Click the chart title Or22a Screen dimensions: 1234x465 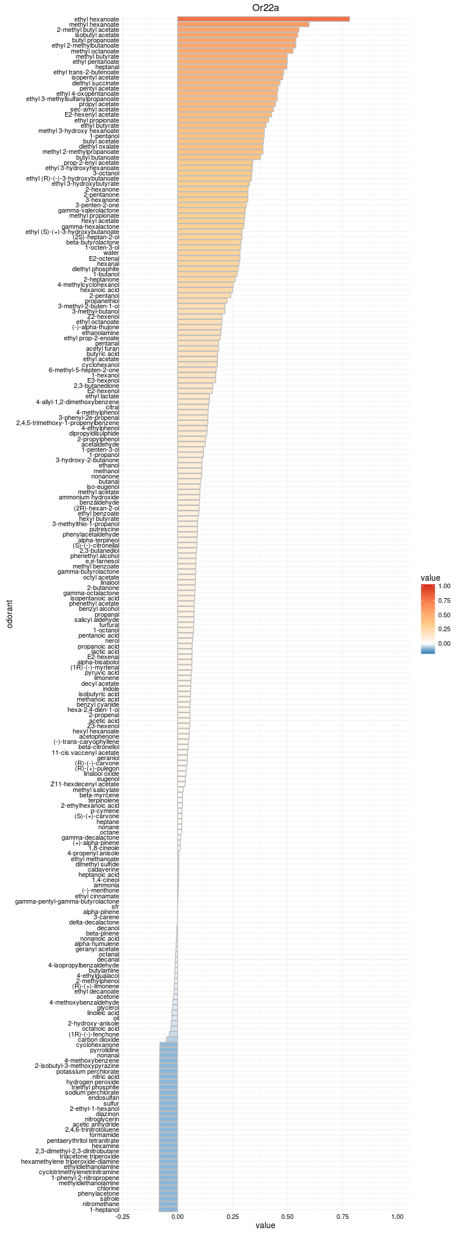[264, 7]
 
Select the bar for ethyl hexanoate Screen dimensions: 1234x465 [263, 19]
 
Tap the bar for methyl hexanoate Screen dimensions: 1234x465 [243, 24]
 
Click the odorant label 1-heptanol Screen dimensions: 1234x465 [104, 1210]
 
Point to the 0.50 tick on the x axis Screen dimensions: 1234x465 [287, 1217]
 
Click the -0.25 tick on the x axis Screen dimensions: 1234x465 [123, 1217]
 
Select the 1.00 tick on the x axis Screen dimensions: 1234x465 [398, 1217]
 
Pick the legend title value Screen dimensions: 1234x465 [430, 578]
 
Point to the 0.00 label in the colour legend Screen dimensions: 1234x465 [443, 643]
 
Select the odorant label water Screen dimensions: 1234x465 [111, 253]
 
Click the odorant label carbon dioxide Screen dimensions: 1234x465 [99, 1039]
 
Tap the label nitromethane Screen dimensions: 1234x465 [101, 1204]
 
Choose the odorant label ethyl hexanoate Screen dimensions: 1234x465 [96, 19]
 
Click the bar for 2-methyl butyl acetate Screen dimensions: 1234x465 [238, 30]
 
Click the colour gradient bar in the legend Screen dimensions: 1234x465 [428, 619]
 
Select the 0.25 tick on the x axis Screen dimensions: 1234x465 [233, 1217]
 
